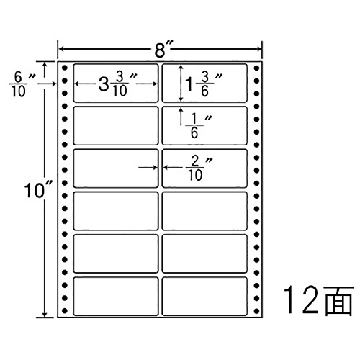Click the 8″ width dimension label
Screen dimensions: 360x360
pyautogui.click(x=164, y=50)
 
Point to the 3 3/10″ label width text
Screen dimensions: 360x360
pyautogui.click(x=118, y=84)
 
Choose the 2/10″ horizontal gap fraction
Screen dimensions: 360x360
pyautogui.click(x=200, y=168)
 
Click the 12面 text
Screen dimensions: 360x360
pyautogui.click(x=319, y=300)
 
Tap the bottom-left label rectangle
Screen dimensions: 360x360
pyautogui.click(x=116, y=296)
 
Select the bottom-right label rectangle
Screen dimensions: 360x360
pyautogui.click(x=204, y=296)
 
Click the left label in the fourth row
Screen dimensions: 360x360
pyautogui.click(x=116, y=211)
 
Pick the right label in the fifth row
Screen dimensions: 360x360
pyautogui.click(x=204, y=253)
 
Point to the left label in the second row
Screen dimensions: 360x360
pyautogui.click(x=116, y=125)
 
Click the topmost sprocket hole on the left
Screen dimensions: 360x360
pyautogui.click(x=64, y=68)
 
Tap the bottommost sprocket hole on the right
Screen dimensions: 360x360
pyautogui.click(x=256, y=311)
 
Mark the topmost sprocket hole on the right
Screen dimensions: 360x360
pyautogui.click(x=256, y=68)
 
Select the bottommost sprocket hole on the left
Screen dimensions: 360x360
pyautogui.click(x=64, y=311)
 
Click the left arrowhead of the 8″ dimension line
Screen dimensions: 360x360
pyautogui.click(x=61, y=49)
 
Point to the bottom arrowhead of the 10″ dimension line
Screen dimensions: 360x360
pyautogui.click(x=45, y=315)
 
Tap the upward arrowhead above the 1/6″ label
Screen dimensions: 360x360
pyautogui.click(x=181, y=110)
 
